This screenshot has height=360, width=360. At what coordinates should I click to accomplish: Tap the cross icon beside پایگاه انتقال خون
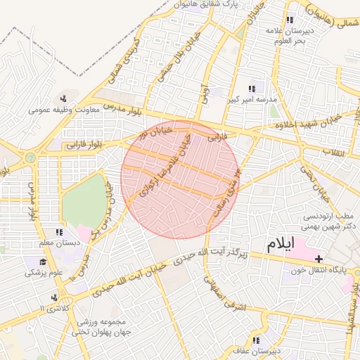(319, 259)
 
